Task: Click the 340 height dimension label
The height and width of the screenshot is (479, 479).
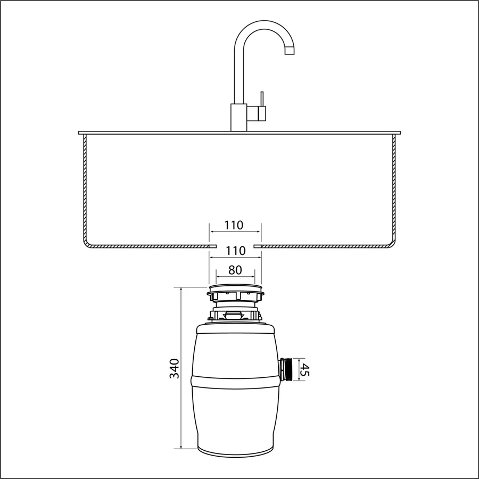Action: coord(175,368)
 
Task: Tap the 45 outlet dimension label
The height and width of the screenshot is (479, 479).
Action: coord(304,369)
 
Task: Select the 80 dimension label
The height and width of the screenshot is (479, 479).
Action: coord(235,270)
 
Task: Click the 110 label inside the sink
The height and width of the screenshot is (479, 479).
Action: coord(234,225)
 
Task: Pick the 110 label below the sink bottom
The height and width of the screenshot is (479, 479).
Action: coord(236,251)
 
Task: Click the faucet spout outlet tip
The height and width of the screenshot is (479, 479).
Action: coord(290,54)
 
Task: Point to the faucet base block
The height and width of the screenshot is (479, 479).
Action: coord(238,118)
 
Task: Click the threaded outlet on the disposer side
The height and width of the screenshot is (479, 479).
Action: coord(286,369)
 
